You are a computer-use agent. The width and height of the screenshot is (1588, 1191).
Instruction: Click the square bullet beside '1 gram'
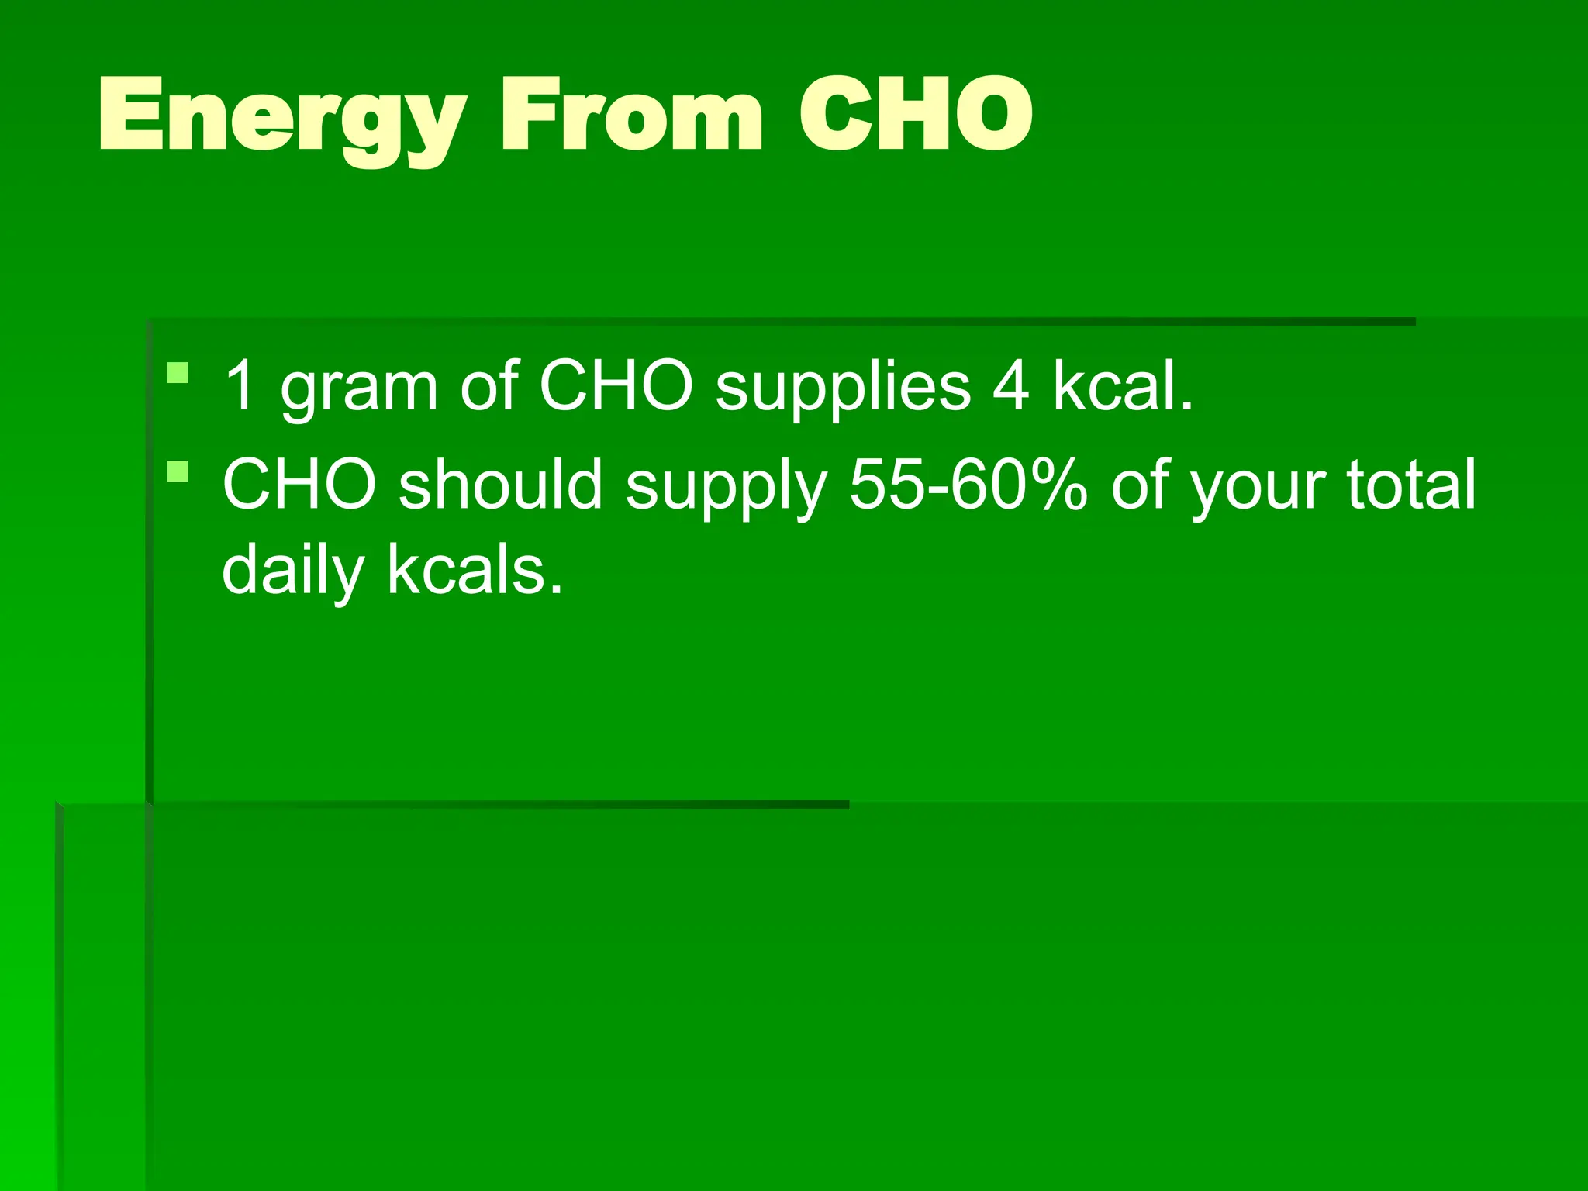(x=178, y=373)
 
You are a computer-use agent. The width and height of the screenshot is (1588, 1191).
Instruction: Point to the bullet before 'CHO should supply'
(x=178, y=471)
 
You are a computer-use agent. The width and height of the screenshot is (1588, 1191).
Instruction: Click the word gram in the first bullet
(x=360, y=388)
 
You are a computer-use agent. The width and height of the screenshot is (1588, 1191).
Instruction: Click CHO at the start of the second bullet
(x=299, y=484)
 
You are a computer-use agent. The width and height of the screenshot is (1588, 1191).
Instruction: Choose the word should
(x=501, y=484)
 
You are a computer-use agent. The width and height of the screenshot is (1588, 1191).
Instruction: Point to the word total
(x=1411, y=484)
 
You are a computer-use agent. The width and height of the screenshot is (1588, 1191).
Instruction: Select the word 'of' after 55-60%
(x=1139, y=484)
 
